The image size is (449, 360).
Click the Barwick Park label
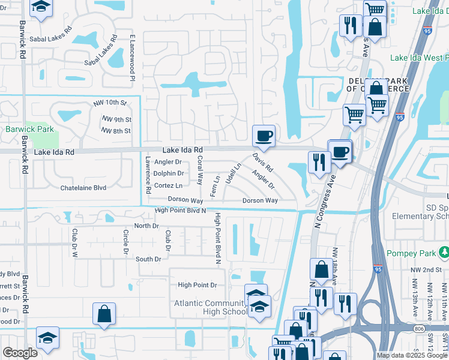[x=29, y=129]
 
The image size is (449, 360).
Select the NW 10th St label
[x=111, y=104]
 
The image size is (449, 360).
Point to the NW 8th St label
[x=116, y=131]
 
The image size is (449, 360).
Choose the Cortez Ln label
[x=168, y=186]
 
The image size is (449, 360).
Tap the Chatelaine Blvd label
[x=83, y=188]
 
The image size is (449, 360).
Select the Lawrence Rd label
[x=148, y=175]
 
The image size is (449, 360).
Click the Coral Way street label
[x=200, y=170]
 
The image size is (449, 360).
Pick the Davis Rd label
[x=262, y=162]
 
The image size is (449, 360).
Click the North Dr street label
[x=146, y=226]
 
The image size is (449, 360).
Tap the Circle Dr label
[x=126, y=241]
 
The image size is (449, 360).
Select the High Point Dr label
[x=196, y=286]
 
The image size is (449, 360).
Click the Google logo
[x=20, y=353]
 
